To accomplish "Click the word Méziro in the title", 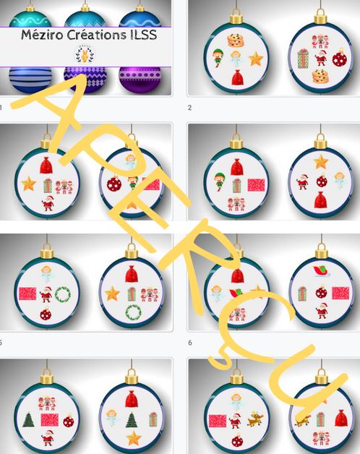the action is (x=42, y=35).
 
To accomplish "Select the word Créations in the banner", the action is (x=96, y=35).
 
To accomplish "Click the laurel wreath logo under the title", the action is (x=85, y=54).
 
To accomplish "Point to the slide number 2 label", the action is (x=189, y=108).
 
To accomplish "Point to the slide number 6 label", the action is (x=190, y=343).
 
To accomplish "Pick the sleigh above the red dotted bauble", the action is (x=322, y=271).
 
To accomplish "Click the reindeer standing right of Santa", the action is (x=255, y=419).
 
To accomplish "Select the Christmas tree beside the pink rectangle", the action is (x=28, y=420).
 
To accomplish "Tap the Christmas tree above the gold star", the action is (x=132, y=420).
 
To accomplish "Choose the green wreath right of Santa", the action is (x=63, y=294).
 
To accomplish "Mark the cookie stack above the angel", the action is (x=236, y=40).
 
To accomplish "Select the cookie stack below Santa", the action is (x=320, y=76).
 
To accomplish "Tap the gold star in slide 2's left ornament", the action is (x=256, y=59).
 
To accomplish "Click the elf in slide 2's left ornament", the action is (x=218, y=59).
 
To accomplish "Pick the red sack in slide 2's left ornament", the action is (x=237, y=77).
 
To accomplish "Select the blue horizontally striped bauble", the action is (x=30, y=80).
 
